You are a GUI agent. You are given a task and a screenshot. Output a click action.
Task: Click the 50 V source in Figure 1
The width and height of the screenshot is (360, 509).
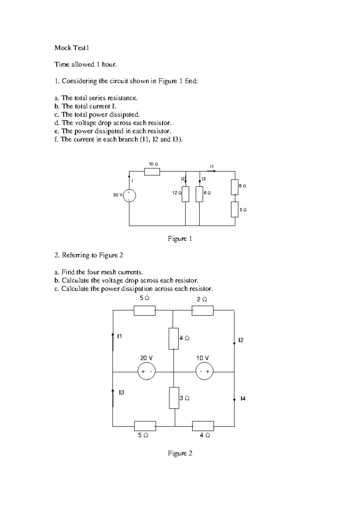coord(129,195)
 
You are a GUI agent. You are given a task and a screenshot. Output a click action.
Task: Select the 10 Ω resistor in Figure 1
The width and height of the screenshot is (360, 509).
coord(152,172)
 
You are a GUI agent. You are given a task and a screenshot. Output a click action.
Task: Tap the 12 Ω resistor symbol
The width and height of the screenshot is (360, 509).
coord(185,194)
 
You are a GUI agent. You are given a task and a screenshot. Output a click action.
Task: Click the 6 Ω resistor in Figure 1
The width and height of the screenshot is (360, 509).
coord(199,194)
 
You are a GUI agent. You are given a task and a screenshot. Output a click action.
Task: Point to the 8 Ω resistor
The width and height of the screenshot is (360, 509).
coord(235,187)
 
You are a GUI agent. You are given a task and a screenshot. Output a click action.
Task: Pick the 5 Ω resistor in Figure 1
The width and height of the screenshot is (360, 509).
coord(235,209)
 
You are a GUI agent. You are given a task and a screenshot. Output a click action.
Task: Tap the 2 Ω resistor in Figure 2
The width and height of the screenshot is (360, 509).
coord(202,311)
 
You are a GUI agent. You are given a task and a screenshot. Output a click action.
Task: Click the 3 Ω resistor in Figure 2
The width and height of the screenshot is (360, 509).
coord(174,398)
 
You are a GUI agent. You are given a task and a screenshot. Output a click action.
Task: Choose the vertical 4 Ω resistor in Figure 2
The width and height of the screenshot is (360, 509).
coord(173,339)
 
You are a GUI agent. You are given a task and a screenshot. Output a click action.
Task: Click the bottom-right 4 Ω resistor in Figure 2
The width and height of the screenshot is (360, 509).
coord(203,426)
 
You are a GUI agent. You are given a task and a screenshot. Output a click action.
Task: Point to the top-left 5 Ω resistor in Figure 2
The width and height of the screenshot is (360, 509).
coord(145,311)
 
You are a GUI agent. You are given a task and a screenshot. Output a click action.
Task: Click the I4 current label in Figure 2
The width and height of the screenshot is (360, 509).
coord(243,398)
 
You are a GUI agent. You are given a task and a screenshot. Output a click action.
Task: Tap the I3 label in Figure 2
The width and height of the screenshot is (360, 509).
coord(121,392)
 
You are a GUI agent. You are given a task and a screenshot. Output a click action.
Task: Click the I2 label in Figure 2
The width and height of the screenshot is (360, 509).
coord(241,340)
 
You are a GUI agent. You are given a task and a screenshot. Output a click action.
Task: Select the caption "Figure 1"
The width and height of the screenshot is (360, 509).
coord(180,239)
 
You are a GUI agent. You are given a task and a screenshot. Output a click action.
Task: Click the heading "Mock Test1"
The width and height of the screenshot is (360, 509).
coord(72,48)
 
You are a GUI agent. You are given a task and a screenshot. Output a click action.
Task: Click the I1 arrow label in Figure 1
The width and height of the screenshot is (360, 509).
coord(212,166)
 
